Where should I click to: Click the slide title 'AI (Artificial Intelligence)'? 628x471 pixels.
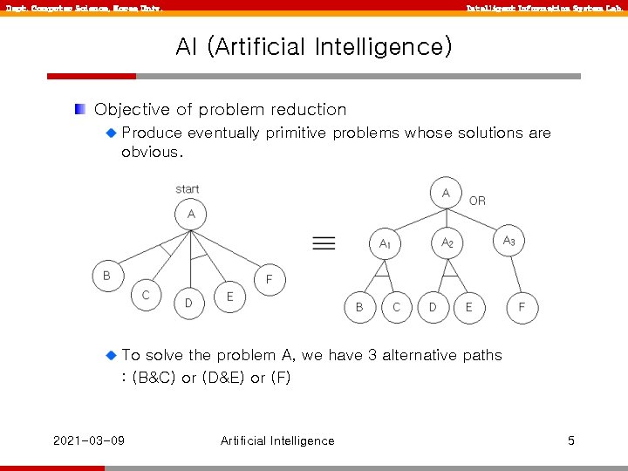(314, 46)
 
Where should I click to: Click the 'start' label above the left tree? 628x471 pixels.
(187, 188)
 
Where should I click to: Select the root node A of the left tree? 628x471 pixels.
(190, 214)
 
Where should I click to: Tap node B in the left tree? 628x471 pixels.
(106, 276)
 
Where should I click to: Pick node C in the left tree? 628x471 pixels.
(146, 295)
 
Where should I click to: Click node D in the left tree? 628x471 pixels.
(188, 303)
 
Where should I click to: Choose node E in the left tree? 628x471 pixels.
(230, 297)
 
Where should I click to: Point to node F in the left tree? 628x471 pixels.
(270, 279)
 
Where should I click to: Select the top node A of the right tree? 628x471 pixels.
(446, 193)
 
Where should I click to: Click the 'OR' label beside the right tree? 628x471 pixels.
(477, 201)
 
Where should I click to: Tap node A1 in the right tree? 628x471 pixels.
(385, 244)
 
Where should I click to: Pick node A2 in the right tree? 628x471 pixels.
(447, 242)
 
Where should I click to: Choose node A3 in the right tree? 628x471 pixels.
(509, 241)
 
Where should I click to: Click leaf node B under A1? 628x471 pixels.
(358, 307)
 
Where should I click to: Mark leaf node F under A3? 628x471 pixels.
(522, 307)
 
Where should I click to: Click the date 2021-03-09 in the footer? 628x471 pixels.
(88, 440)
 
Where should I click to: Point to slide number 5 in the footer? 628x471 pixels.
(570, 440)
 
